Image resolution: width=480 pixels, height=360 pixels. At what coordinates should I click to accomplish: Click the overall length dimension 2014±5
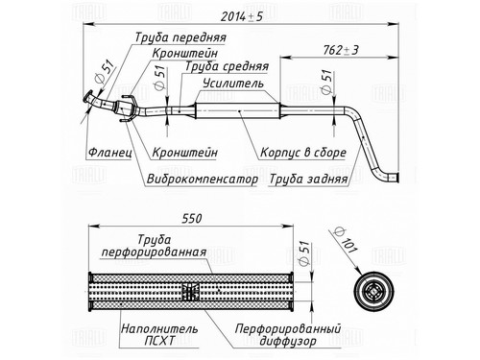click(x=242, y=16)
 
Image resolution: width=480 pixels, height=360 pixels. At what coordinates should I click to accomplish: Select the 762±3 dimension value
click(x=341, y=50)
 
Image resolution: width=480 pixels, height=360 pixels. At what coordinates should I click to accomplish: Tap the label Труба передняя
click(x=180, y=37)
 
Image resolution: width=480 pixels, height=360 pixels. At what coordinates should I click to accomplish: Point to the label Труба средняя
click(x=227, y=66)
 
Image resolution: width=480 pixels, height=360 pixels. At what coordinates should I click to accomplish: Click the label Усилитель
click(x=233, y=84)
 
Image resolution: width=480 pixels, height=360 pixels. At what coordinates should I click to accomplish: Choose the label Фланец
click(x=109, y=152)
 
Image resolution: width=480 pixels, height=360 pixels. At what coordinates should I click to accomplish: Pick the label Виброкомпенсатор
click(x=203, y=179)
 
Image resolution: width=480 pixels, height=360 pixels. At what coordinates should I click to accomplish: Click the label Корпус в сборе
click(x=303, y=152)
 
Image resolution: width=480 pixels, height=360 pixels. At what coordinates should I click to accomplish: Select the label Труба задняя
click(x=308, y=179)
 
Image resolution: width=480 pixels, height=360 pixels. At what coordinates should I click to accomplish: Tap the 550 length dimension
click(x=192, y=219)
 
